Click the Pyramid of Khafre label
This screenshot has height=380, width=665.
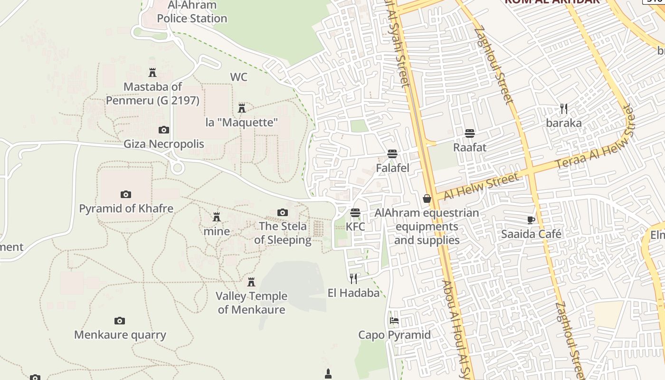pos(126,209)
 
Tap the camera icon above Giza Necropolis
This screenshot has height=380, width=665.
pos(163,130)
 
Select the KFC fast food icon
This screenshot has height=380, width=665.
pos(355,213)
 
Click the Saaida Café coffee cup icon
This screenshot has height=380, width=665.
pos(531,220)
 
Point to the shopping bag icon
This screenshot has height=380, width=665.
pos(427,199)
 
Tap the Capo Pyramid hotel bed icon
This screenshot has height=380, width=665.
pos(394,321)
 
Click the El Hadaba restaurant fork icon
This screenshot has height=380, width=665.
pos(353,278)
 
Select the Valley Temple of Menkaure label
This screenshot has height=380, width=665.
pos(251,303)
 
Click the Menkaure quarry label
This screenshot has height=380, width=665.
pos(120,335)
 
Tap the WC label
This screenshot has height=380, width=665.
pos(238,77)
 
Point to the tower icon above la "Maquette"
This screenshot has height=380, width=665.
pos(242,108)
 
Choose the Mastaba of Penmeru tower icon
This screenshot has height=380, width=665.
pos(152,72)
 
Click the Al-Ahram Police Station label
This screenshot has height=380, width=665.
pos(192,12)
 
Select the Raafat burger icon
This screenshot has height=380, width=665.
pos(470,133)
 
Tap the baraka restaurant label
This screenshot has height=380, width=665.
pos(564,123)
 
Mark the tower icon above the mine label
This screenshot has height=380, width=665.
pos(217,217)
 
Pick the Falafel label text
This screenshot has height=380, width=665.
pos(392,168)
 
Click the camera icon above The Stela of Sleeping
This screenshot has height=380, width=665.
pos(283,212)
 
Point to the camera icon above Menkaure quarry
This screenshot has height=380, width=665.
pos(120,321)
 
